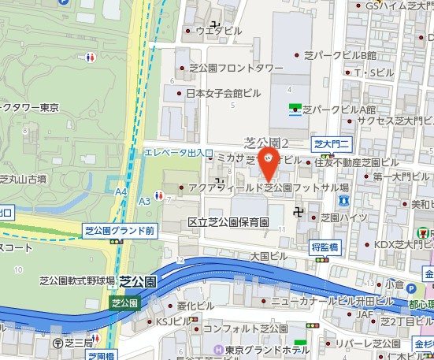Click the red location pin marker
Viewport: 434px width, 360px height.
tap(269, 162)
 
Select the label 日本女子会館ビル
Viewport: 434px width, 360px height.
tap(224, 93)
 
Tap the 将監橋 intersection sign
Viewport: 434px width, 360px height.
tap(325, 246)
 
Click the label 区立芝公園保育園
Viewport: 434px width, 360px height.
tap(228, 223)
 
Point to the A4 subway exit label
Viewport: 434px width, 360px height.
tap(121, 191)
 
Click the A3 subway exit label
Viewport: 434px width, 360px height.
tap(144, 201)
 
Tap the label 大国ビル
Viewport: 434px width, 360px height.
tap(268, 256)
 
